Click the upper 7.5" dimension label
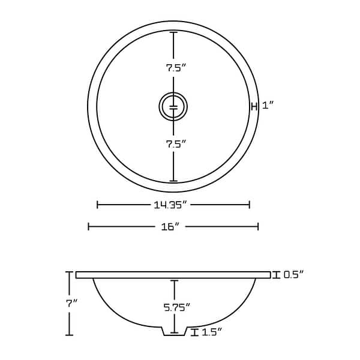click(x=173, y=68)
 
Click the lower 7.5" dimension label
click(x=173, y=143)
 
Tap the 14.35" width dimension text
click(x=171, y=205)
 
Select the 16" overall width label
click(x=170, y=227)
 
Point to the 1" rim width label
click(x=268, y=106)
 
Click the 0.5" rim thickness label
click(x=293, y=275)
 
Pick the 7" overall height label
click(x=72, y=303)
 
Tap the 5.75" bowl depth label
click(x=176, y=307)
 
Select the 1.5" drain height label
click(x=212, y=332)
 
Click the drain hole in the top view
click(x=173, y=107)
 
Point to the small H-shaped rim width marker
click(x=254, y=107)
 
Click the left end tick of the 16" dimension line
click(x=89, y=226)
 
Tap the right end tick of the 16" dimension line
click(x=258, y=226)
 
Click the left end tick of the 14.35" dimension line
click(x=98, y=205)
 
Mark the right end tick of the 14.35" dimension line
click(x=249, y=205)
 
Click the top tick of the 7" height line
click(x=70, y=272)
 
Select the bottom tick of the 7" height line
click(x=70, y=335)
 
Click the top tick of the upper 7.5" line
click(x=174, y=32)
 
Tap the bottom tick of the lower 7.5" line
click(x=174, y=181)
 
